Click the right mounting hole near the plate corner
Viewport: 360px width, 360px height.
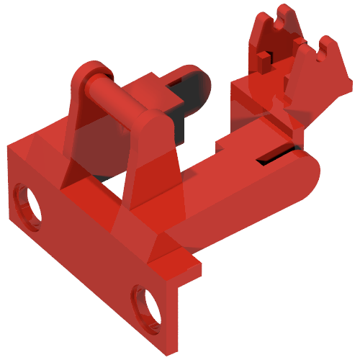(x=148, y=305)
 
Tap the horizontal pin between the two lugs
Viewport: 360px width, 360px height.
(x=115, y=97)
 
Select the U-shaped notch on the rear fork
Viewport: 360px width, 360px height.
(x=274, y=25)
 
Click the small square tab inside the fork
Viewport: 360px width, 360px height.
(x=265, y=54)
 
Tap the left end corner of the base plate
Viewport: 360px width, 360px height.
(x=9, y=148)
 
